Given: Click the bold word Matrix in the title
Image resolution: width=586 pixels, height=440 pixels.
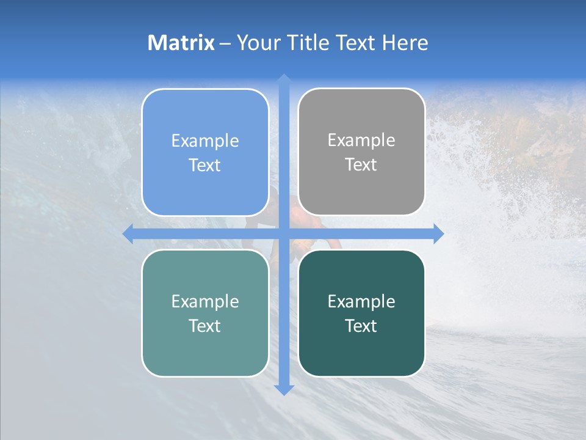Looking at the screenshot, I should (181, 43).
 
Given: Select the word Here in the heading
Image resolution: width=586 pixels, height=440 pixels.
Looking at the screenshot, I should (405, 43).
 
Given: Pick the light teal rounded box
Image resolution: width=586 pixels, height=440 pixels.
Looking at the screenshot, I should (205, 348).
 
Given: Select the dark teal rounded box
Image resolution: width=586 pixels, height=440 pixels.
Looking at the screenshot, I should (361, 348).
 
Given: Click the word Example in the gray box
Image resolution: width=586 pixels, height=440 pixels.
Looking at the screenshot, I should (361, 141).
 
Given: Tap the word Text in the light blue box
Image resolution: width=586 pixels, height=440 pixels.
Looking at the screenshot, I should (205, 165).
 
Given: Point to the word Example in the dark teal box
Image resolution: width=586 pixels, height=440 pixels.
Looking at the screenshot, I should (361, 301).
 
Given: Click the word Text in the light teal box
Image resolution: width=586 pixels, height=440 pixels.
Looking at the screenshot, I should (205, 326).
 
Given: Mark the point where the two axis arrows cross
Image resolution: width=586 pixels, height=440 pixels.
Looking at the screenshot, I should (284, 233).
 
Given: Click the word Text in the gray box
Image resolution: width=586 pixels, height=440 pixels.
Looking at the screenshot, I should (361, 165).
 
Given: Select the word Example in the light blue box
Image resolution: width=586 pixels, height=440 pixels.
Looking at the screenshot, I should (205, 141).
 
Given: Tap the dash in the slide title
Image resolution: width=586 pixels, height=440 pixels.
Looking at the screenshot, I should (226, 43).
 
